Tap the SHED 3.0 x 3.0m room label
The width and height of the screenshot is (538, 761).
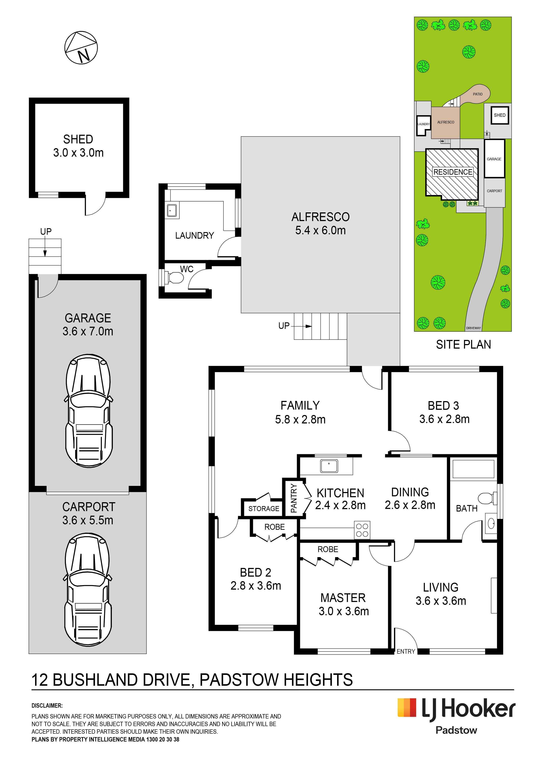coord(78,146)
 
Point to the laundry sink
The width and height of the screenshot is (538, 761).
coord(172,210)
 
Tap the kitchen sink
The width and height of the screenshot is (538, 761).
coord(329,466)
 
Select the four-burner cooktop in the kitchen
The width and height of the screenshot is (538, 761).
coord(362,530)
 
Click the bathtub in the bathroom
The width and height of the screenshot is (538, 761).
coord(473,469)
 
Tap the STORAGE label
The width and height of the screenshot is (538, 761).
coord(264,509)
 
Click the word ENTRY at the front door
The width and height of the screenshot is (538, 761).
coord(406,651)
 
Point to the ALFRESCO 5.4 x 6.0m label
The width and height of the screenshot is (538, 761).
coord(321,223)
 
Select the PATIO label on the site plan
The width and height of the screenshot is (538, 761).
coord(478,94)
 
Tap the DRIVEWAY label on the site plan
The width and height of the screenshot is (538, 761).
coord(473,328)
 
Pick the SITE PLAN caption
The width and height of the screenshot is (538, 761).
coord(463,345)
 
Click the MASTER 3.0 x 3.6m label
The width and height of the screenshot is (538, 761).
coord(343,604)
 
